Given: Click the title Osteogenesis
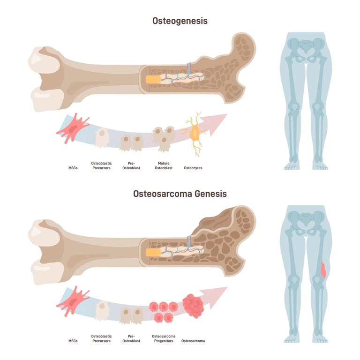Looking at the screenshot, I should pyautogui.click(x=180, y=21).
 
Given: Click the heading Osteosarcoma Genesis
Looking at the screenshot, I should pyautogui.click(x=180, y=193).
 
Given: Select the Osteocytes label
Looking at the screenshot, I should pyautogui.click(x=193, y=168).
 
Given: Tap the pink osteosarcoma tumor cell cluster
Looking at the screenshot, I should pyautogui.click(x=194, y=306).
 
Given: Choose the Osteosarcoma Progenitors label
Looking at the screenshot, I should pyautogui.click(x=163, y=338).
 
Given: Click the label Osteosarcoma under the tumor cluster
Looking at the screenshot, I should pyautogui.click(x=193, y=341).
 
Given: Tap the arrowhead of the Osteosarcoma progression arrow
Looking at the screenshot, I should pyautogui.click(x=219, y=295).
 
